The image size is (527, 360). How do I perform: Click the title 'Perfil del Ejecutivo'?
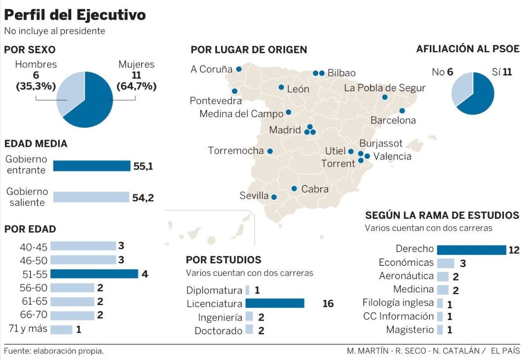(x=75, y=15)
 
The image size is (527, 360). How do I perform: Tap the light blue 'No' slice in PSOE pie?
(x=461, y=89)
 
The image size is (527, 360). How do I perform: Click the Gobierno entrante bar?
(x=91, y=166)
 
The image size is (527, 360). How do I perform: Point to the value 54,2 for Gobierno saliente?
(x=143, y=198)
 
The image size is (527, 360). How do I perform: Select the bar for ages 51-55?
(x=94, y=274)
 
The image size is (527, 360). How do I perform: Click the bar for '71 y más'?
(x=61, y=329)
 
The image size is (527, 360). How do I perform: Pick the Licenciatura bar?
(x=274, y=303)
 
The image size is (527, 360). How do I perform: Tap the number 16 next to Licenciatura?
(x=328, y=304)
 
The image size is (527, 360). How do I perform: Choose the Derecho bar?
(x=471, y=250)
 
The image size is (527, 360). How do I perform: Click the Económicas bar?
(x=445, y=263)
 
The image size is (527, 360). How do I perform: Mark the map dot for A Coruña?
(x=239, y=69)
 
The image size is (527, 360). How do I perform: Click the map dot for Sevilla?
(x=274, y=197)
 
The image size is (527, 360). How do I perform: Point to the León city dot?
(x=281, y=87)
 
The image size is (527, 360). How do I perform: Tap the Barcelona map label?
(x=393, y=120)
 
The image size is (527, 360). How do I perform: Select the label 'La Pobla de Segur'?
(x=384, y=88)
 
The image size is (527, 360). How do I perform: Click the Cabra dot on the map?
(x=294, y=188)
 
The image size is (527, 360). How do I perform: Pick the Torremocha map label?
(x=236, y=150)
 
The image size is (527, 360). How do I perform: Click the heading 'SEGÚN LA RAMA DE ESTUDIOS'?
(x=442, y=216)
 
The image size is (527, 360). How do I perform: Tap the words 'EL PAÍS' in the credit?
(x=506, y=351)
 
